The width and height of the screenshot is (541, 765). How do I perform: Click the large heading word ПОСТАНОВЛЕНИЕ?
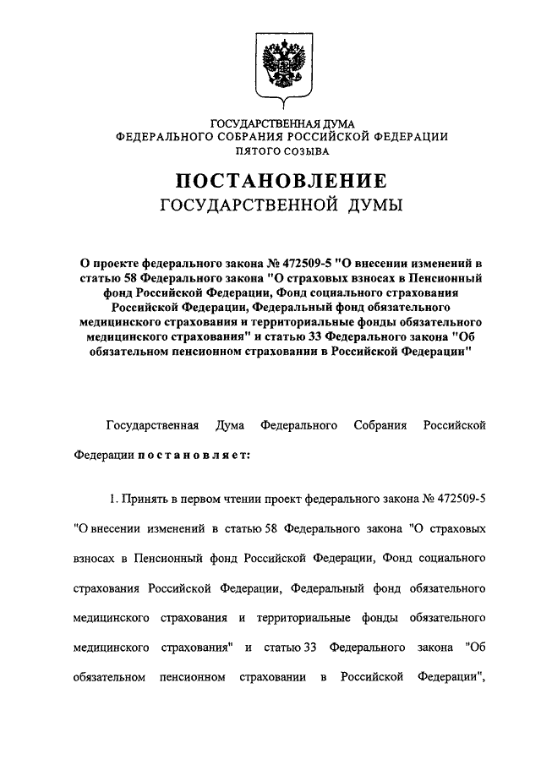coord(281,180)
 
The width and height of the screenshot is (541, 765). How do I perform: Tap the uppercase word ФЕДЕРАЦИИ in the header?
coord(409,138)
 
